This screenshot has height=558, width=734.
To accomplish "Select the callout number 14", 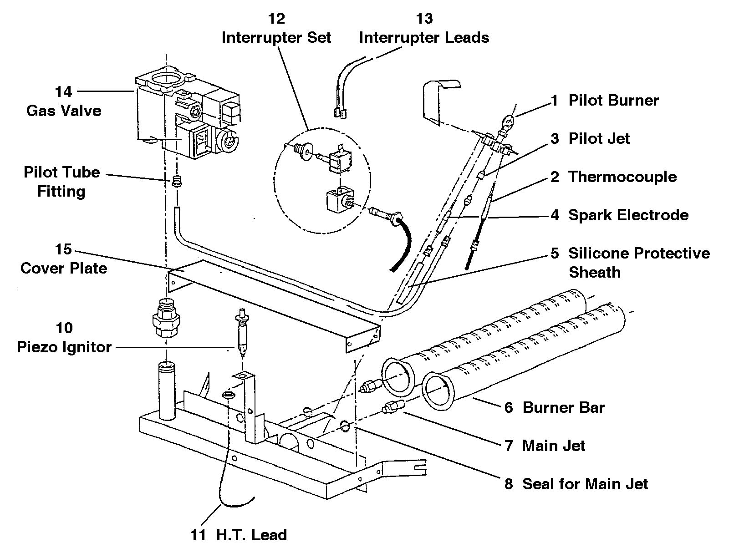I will point(63,91).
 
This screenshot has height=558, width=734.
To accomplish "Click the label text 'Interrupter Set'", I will point(276,37).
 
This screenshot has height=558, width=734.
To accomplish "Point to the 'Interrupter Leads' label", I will point(424,37).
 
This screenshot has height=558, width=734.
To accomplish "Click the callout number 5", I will point(554,253).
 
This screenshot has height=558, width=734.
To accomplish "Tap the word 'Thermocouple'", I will point(622,177).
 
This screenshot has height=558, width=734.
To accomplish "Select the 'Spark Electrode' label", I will point(628,215).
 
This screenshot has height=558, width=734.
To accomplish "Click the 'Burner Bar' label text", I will point(563,407).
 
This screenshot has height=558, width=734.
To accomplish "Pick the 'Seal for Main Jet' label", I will point(585,483).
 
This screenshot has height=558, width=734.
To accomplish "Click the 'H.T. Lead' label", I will point(251,534).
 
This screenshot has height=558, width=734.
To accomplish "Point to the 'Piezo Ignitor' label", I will point(64,347).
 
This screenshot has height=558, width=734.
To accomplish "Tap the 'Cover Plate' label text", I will point(64,268).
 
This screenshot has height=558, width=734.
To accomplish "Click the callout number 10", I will point(64,328).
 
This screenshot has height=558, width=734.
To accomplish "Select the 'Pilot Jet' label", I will point(599,138).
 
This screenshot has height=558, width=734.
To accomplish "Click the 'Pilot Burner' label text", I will point(613,100).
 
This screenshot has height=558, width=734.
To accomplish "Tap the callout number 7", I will point(509,445).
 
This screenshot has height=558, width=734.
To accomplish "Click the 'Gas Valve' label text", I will point(64,111).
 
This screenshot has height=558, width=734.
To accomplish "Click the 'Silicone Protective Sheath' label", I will point(639,263).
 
